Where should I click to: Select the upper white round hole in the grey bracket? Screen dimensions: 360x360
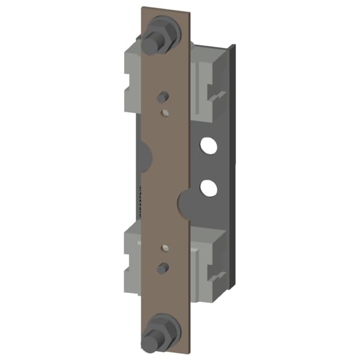pyautogui.click(x=208, y=145)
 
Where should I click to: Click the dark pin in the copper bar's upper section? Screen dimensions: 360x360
pyautogui.click(x=163, y=97)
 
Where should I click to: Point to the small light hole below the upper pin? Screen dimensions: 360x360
pyautogui.click(x=164, y=111)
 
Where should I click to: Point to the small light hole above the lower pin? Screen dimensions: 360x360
pyautogui.click(x=163, y=247)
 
